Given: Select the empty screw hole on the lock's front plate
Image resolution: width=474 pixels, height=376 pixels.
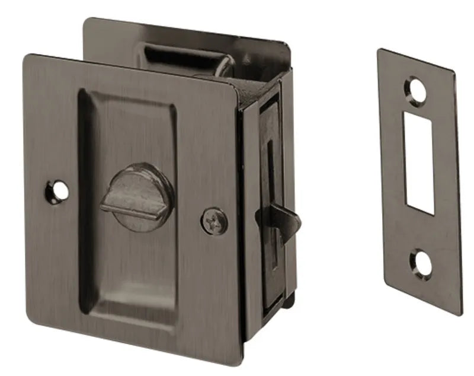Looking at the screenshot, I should pos(57,191).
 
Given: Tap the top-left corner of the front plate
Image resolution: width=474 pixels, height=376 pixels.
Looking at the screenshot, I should pos(27,56).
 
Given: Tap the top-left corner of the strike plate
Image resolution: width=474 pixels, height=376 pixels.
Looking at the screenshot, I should pos(379,50).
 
